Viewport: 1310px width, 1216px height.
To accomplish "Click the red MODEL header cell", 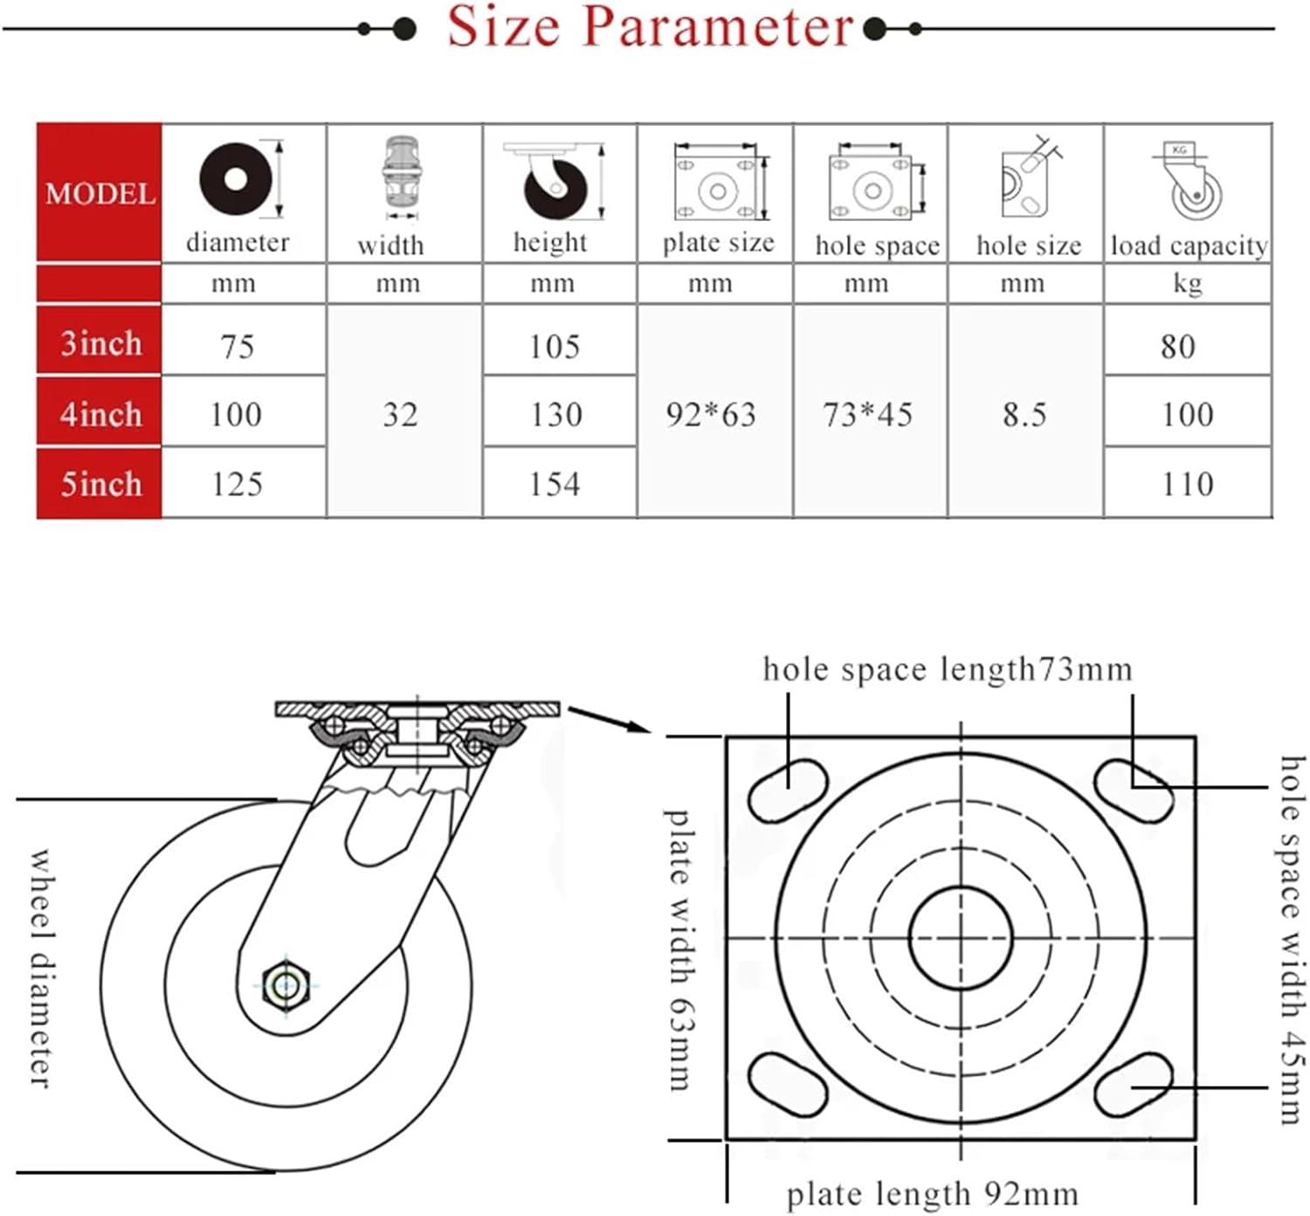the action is pyautogui.click(x=99, y=193).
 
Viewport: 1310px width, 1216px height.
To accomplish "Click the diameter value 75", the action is pyautogui.click(x=238, y=347).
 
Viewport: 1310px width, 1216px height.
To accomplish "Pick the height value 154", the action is pyautogui.click(x=555, y=484).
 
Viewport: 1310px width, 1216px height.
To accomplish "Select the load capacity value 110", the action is pyautogui.click(x=1188, y=484).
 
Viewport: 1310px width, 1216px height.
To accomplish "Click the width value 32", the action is pyautogui.click(x=400, y=414).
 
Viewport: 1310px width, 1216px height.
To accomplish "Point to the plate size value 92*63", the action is pyautogui.click(x=711, y=414).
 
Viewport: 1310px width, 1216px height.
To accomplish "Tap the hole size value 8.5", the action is pyautogui.click(x=1024, y=414).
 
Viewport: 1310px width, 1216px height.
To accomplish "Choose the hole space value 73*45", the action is pyautogui.click(x=867, y=414).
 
